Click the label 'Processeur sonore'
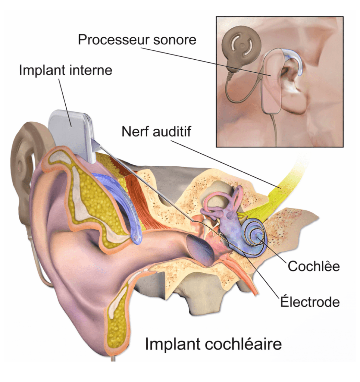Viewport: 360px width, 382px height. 137,40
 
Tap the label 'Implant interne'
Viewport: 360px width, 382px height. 66,70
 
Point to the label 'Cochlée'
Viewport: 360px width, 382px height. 313,266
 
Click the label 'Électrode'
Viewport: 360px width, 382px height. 310,301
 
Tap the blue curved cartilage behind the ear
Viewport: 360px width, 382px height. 119,201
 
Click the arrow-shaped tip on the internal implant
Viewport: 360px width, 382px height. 95,144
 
